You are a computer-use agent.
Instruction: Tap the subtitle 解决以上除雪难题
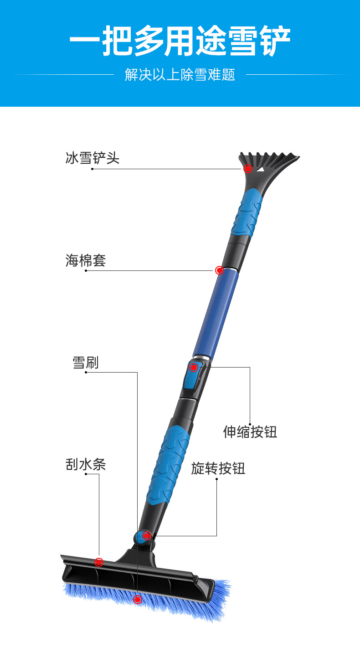click(180, 75)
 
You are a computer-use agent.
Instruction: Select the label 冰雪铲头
click(93, 158)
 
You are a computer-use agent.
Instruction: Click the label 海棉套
click(86, 261)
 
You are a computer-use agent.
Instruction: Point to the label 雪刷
click(86, 363)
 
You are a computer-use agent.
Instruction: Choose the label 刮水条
click(86, 465)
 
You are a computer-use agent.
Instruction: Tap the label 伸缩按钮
click(250, 431)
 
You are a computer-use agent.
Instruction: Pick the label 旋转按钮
click(218, 468)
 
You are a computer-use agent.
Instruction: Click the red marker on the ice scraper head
click(248, 169)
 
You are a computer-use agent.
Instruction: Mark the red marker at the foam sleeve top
click(220, 270)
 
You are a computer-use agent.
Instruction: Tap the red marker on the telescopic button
click(194, 367)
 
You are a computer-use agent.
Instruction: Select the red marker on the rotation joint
click(146, 536)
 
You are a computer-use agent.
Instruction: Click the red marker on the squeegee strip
click(99, 562)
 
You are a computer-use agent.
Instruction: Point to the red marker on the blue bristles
click(138, 600)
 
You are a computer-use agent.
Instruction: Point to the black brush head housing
click(137, 579)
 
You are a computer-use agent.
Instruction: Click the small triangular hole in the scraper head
click(261, 169)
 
